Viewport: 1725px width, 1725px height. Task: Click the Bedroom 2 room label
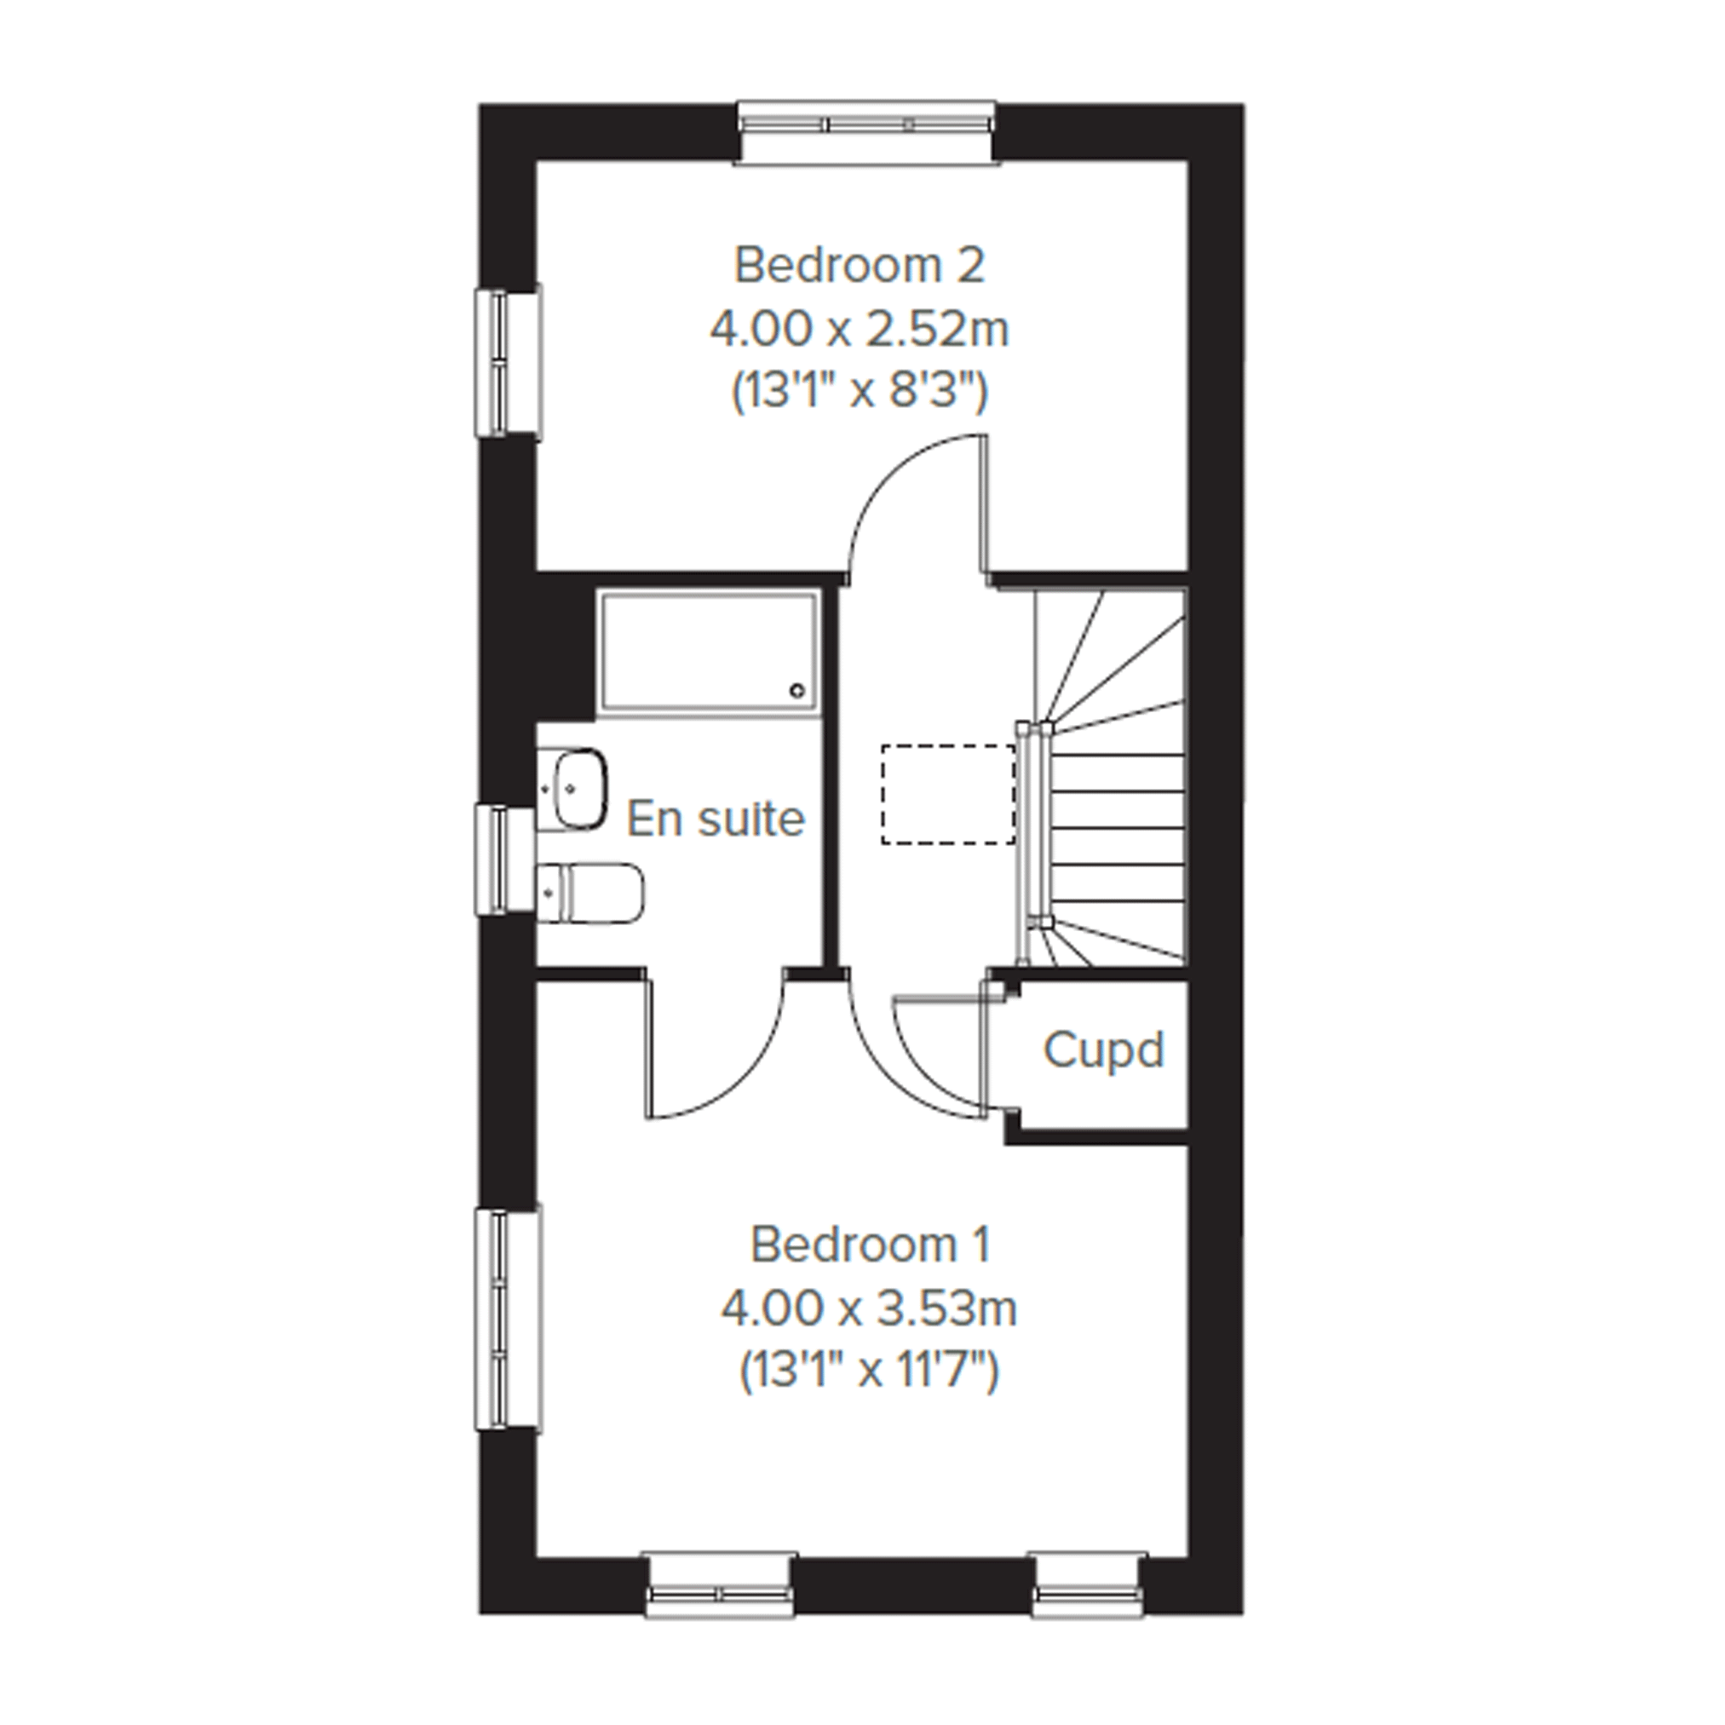(859, 265)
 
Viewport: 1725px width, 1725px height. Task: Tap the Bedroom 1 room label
(871, 1244)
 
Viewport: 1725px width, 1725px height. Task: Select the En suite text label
(716, 819)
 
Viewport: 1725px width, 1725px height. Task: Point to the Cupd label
(1103, 1050)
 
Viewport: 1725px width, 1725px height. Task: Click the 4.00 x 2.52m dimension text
(859, 330)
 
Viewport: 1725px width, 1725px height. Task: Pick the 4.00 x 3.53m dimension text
(869, 1309)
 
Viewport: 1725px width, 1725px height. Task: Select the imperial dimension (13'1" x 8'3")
(860, 393)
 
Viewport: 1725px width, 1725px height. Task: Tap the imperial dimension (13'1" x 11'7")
(869, 1372)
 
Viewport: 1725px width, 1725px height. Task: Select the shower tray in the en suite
(710, 653)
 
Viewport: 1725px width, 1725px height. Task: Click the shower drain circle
(797, 690)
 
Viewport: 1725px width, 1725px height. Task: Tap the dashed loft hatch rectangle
(948, 795)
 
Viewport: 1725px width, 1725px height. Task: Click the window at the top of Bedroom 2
(866, 132)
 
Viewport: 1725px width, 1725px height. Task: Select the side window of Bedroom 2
(508, 361)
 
